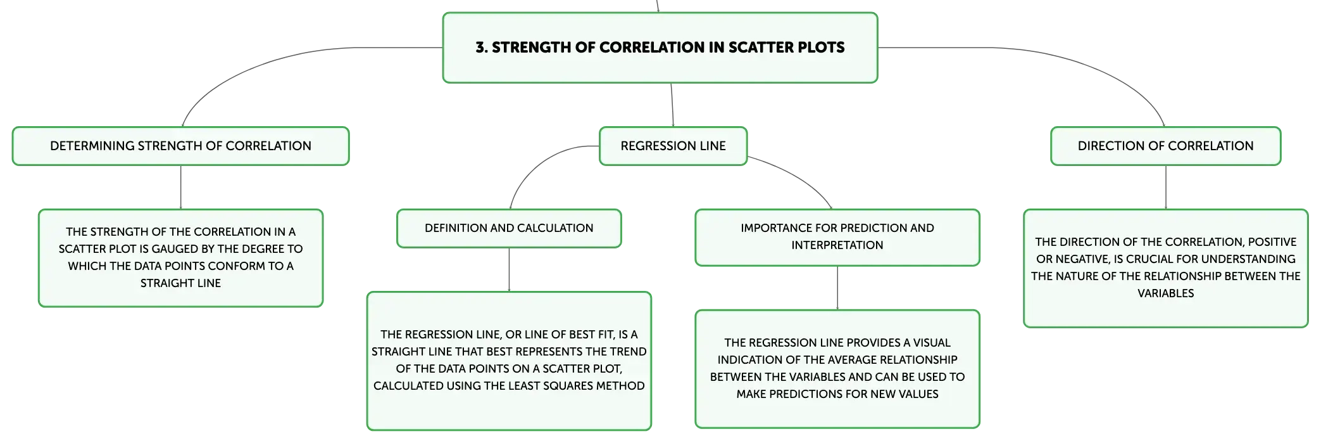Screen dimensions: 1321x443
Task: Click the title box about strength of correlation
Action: pyautogui.click(x=660, y=48)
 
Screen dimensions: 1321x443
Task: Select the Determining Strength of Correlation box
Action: pyautogui.click(x=180, y=146)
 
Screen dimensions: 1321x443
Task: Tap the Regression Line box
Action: pyautogui.click(x=673, y=146)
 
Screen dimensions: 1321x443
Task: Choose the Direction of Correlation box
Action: pyautogui.click(x=1165, y=146)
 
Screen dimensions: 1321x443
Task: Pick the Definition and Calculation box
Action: pyautogui.click(x=509, y=228)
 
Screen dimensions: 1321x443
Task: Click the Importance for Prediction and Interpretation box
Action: pyautogui.click(x=837, y=237)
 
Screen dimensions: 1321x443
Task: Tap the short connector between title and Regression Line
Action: pyautogui.click(x=672, y=105)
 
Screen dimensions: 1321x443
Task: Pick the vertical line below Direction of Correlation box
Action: pyautogui.click(x=1166, y=188)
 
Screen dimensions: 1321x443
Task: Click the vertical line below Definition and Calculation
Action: pyautogui.click(x=509, y=270)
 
